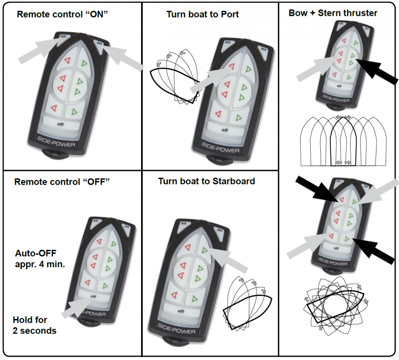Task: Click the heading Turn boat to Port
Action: [202, 14]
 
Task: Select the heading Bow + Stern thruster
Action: [333, 13]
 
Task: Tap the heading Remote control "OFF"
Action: [62, 181]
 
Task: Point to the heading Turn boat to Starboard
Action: [206, 181]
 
